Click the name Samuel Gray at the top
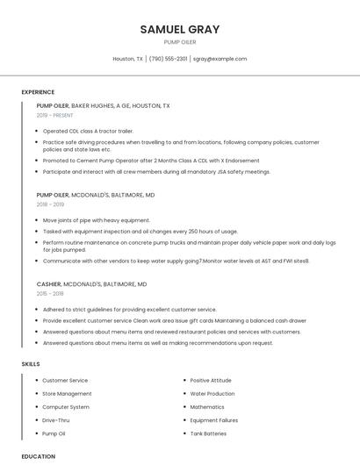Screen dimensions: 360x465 [180, 29]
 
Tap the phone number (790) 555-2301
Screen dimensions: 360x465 [168, 59]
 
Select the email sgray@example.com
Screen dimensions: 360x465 [220, 59]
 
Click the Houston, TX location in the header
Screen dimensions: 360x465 [128, 59]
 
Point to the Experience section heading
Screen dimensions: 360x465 [38, 92]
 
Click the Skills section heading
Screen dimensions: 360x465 [31, 363]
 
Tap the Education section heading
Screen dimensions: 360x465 [38, 456]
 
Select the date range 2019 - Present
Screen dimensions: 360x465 [55, 115]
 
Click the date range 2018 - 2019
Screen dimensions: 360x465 [50, 204]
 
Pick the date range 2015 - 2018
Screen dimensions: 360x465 [50, 294]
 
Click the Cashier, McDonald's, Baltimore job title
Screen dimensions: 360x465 [91, 284]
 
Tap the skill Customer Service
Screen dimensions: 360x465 [65, 380]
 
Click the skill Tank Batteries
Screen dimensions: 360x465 [208, 433]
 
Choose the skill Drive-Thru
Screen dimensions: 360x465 [57, 420]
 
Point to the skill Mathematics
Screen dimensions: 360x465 [207, 407]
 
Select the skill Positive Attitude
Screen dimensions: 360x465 [211, 380]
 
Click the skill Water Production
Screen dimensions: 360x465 [212, 394]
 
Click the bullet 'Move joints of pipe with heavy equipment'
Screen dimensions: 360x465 [97, 220]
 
